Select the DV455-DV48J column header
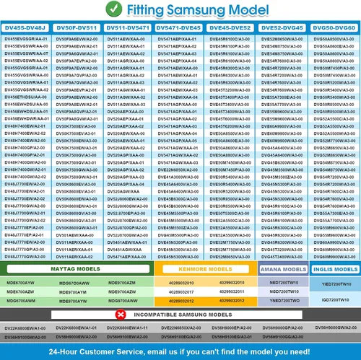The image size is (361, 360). point(26,27)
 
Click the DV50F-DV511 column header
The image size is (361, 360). point(77,27)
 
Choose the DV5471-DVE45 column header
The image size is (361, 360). point(180,27)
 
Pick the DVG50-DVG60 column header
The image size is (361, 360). point(335,27)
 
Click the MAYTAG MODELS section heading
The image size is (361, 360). point(77,265)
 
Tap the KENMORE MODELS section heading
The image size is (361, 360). point(205,265)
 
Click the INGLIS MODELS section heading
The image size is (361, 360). point(335,265)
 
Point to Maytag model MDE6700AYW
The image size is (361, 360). point(19,282)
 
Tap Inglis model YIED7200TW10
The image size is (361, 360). point(335,284)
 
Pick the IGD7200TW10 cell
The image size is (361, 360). point(335,297)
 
